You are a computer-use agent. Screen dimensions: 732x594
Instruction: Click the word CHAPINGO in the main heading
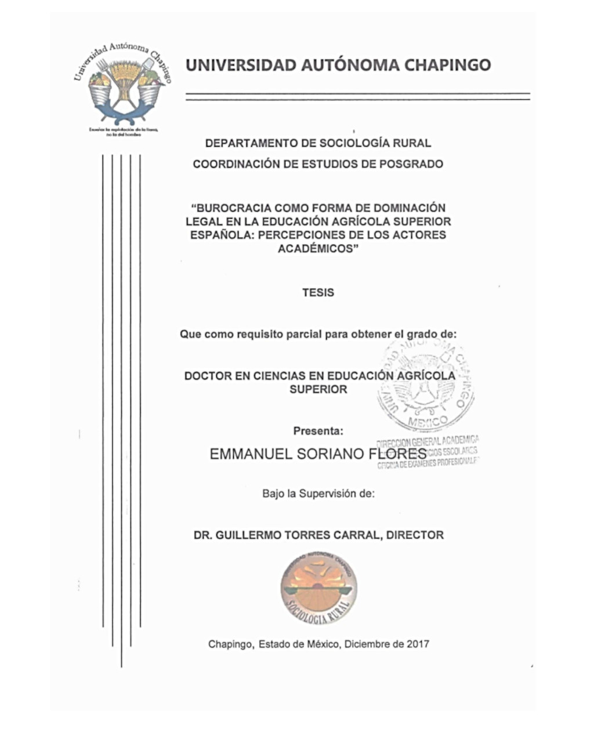(x=447, y=64)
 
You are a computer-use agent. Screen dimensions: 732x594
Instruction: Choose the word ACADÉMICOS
(x=317, y=249)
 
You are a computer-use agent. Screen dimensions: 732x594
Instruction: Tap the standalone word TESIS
(x=318, y=292)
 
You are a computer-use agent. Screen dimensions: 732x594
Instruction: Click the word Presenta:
(x=318, y=431)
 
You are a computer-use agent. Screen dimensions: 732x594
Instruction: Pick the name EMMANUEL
(x=251, y=454)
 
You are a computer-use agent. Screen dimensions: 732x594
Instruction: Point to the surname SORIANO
(x=331, y=454)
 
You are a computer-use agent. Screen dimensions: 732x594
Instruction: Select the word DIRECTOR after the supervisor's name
(x=415, y=535)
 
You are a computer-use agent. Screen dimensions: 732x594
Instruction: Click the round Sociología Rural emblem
(x=318, y=588)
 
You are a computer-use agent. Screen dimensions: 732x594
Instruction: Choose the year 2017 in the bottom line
(x=418, y=644)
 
